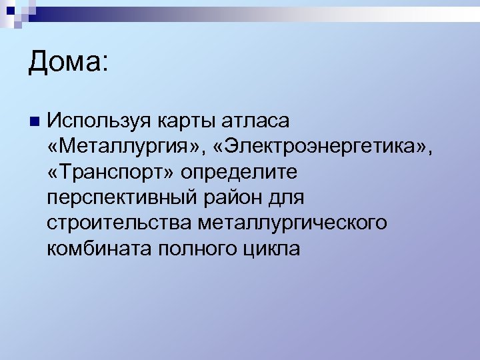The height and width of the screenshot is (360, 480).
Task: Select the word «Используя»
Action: pyautogui.click(x=101, y=121)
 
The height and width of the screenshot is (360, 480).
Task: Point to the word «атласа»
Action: pyautogui.click(x=261, y=121)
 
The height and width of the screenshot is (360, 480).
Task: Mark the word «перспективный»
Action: pyautogui.click(x=119, y=197)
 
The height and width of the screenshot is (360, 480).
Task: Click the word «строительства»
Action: pyautogui.click(x=118, y=223)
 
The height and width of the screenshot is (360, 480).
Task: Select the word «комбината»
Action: pyautogui.click(x=99, y=248)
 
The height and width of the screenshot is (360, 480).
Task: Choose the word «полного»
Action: pyautogui.click(x=196, y=248)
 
